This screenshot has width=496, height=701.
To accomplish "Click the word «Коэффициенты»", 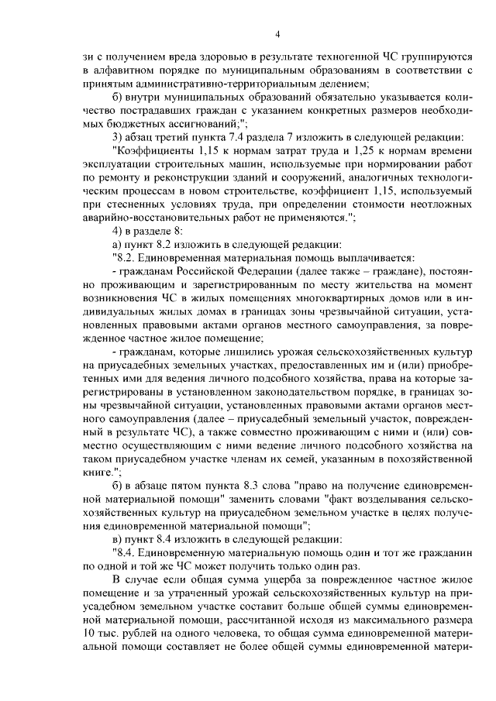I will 154,150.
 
